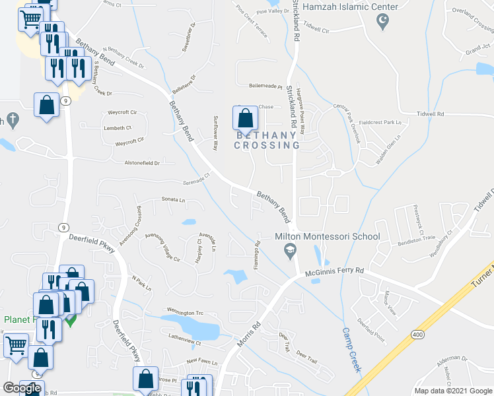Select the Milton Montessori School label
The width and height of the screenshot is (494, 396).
point(328,236)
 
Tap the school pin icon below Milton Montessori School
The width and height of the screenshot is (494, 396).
point(289,251)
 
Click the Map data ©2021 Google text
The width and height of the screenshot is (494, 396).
point(453,391)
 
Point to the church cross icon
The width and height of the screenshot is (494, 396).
point(12,120)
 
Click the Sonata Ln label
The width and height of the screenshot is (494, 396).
point(173,199)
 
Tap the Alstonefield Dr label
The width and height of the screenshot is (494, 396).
point(142,162)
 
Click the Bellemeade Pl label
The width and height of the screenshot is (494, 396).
point(265,86)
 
